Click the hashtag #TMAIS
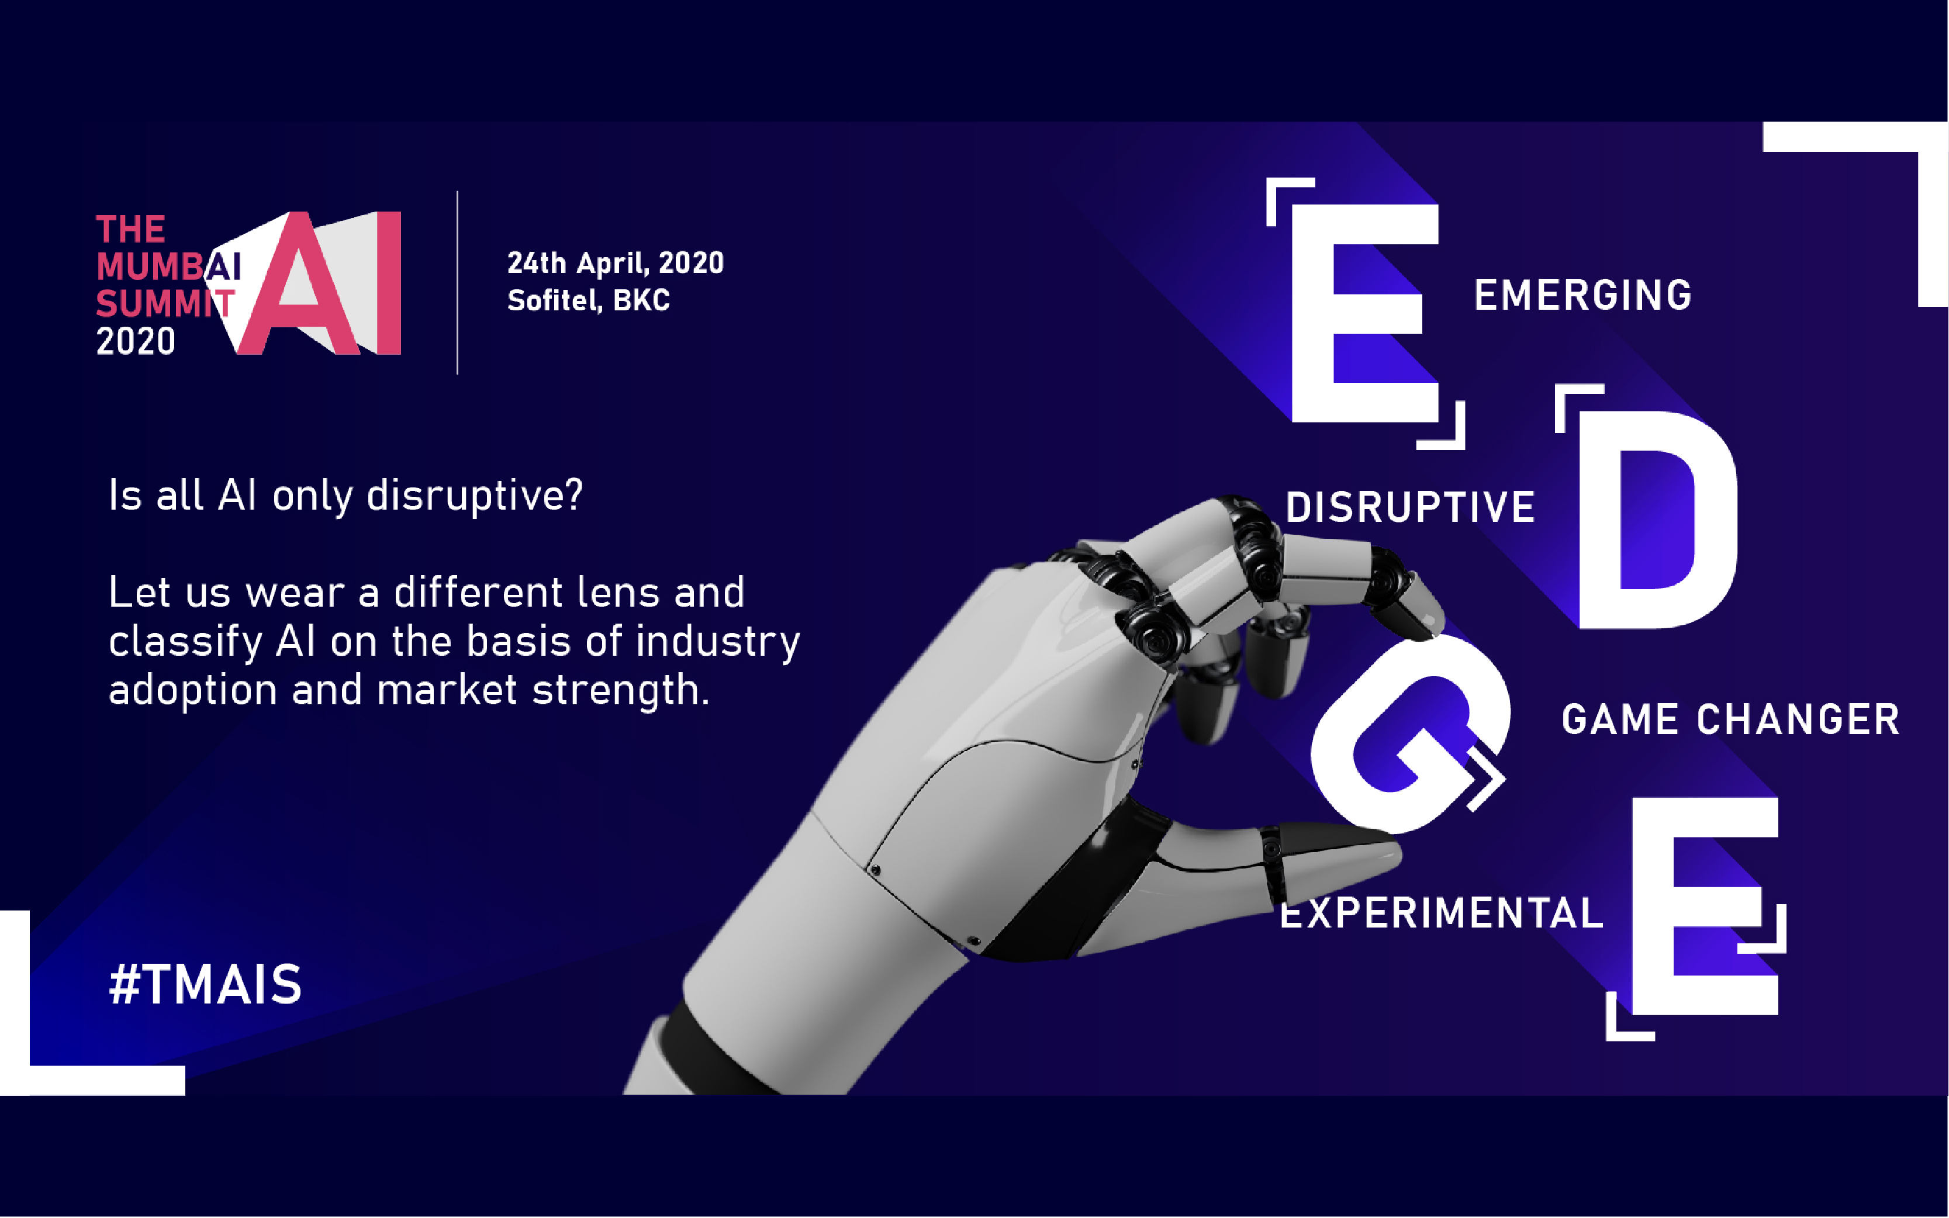pyautogui.click(x=205, y=984)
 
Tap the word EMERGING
pyautogui.click(x=1583, y=295)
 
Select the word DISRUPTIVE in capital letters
pyautogui.click(x=1410, y=507)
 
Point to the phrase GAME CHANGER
pyautogui.click(x=1730, y=719)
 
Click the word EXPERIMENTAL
pyautogui.click(x=1442, y=913)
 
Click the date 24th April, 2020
pyautogui.click(x=616, y=262)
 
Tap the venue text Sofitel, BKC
pyautogui.click(x=588, y=300)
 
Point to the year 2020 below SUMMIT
pyautogui.click(x=136, y=341)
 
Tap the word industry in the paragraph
pyautogui.click(x=717, y=643)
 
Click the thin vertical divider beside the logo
pyautogui.click(x=458, y=283)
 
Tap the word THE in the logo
pyautogui.click(x=130, y=230)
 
